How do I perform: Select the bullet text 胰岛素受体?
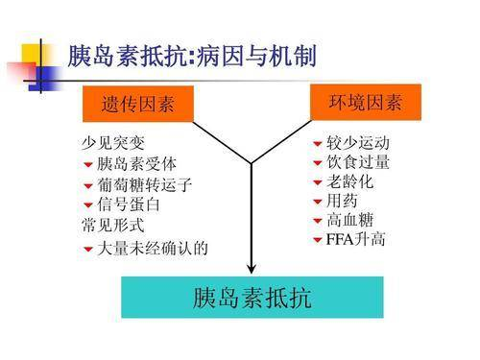click(137, 164)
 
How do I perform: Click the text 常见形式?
click(111, 226)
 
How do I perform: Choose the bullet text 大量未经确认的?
click(153, 250)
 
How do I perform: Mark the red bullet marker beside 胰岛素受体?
click(88, 165)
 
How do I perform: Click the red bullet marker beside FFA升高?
click(318, 239)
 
